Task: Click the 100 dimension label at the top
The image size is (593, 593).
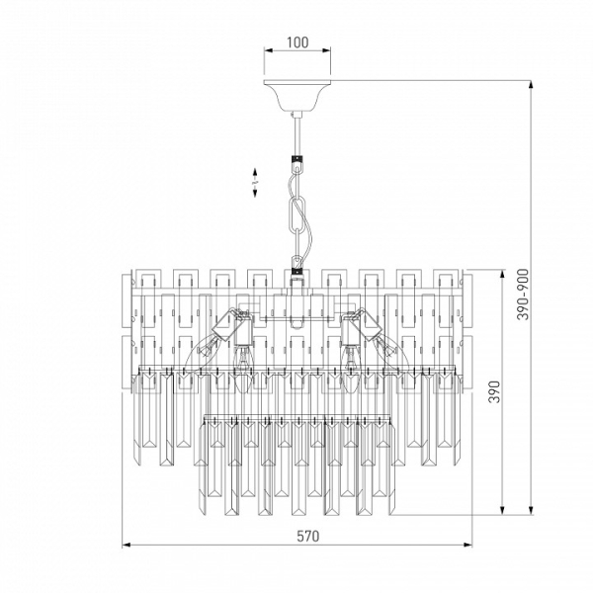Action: pos(297,42)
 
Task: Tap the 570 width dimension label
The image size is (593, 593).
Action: pos(307,536)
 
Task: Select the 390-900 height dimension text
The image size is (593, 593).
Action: pos(523,295)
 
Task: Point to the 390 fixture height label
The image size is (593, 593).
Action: pos(495,391)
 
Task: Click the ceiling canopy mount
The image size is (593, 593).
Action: pos(296,95)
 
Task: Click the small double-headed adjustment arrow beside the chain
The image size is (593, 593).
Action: pos(255,183)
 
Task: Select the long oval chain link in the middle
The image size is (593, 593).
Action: pos(296,215)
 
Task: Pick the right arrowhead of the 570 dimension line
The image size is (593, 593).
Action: pos(467,545)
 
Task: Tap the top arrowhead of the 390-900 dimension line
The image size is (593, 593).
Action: pos(531,85)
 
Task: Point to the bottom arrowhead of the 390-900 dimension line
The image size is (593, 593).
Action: pos(531,510)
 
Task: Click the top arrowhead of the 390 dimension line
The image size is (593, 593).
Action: pos(503,274)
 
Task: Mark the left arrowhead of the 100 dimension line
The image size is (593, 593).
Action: pos(268,50)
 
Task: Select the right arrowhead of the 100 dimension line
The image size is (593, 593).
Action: pos(326,50)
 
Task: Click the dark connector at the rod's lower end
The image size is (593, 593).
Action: pos(297,159)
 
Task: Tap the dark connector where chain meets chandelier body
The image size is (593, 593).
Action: pos(297,271)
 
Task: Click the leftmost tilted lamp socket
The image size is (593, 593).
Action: pos(224,324)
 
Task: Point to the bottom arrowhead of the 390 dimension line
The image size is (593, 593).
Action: pos(503,510)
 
